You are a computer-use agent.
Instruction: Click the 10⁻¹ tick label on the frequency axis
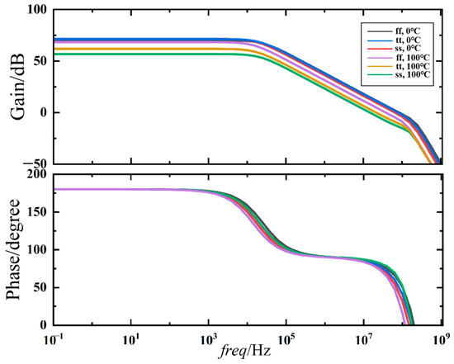coord(54,338)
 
